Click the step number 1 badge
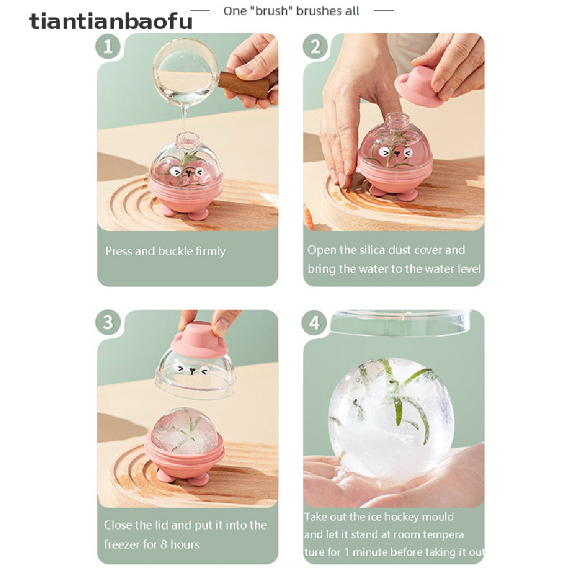108,47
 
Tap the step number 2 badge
315,47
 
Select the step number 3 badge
108,323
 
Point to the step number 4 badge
315,323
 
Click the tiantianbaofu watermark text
110,21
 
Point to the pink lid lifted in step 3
198,338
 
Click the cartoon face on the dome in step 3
192,370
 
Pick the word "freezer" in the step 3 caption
121,545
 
